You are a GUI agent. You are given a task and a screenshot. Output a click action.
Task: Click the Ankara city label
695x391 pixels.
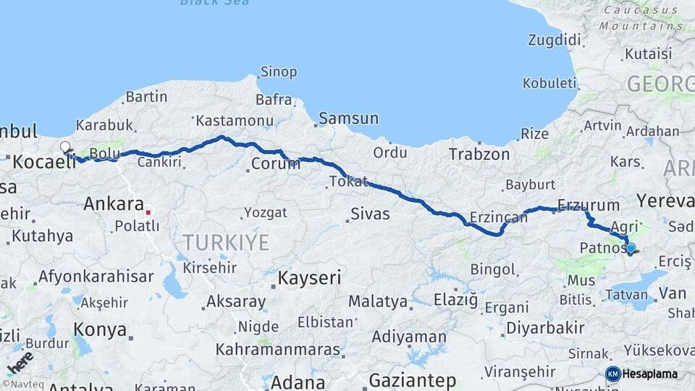point(114,203)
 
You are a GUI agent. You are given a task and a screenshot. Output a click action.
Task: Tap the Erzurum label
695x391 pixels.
point(589,205)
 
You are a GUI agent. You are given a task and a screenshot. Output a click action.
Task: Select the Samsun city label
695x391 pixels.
point(348,118)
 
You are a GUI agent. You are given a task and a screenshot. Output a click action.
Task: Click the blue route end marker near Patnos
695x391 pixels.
point(631,248)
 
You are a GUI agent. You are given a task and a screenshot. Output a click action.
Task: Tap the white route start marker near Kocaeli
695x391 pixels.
point(65,147)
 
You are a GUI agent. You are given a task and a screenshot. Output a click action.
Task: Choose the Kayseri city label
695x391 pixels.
point(310,277)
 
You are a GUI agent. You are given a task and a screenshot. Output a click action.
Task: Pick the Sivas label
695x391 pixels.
point(370,214)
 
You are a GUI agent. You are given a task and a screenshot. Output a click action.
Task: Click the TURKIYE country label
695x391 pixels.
point(225,242)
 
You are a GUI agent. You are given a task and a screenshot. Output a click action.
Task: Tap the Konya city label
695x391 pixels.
point(100,330)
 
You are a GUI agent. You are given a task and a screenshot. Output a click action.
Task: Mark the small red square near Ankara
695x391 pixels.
point(148,212)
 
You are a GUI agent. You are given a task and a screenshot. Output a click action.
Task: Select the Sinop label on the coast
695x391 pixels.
point(279,72)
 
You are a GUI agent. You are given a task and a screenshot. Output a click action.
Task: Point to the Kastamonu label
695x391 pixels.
point(234,120)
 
